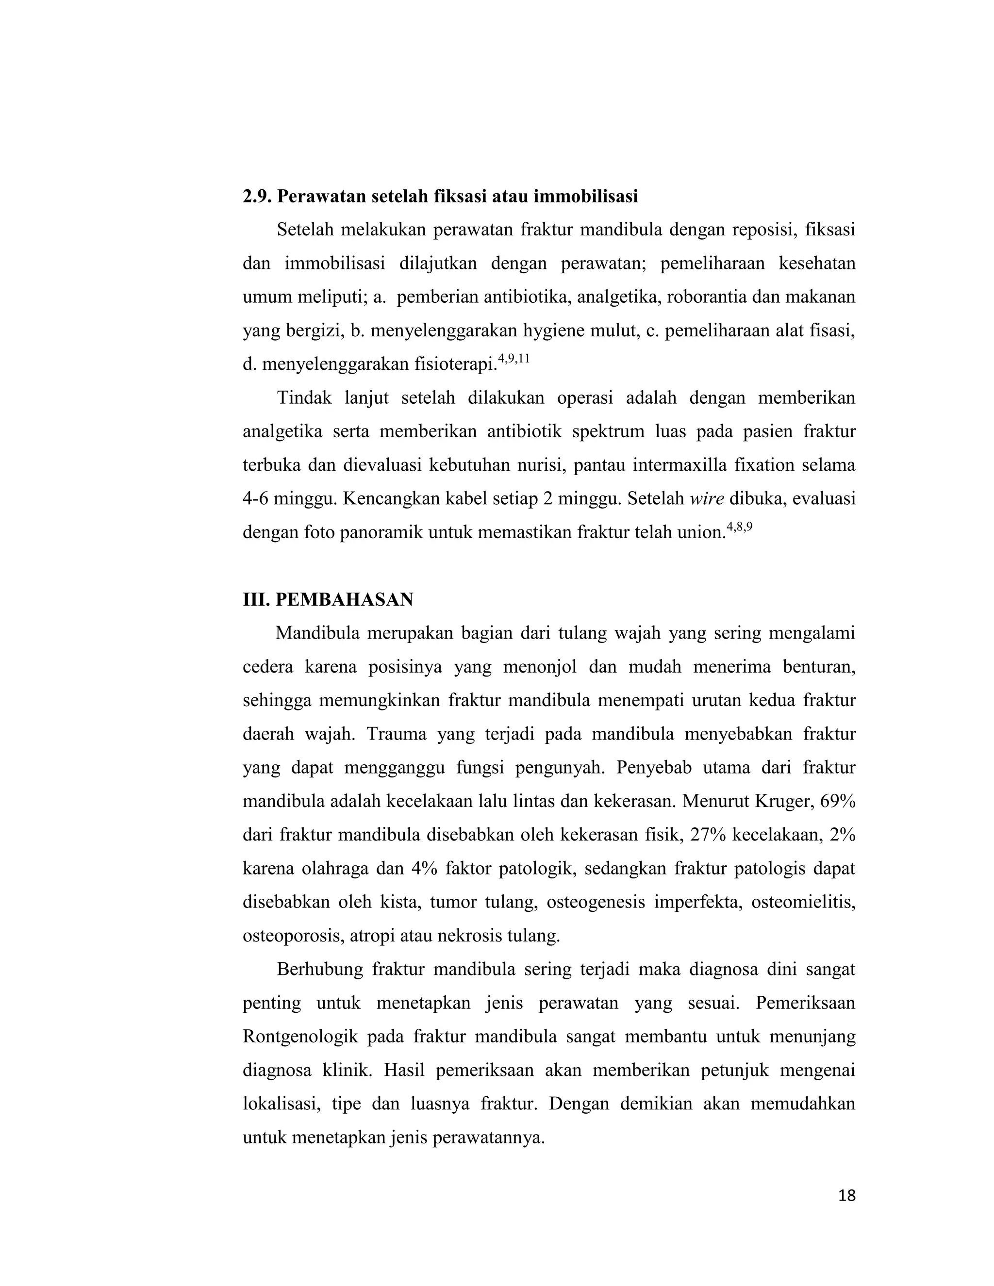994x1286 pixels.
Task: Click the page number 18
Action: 846,1196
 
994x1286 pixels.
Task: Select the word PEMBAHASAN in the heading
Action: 345,599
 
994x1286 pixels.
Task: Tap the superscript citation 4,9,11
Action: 514,359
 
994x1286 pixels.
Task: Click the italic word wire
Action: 707,499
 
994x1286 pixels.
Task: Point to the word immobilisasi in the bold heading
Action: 586,196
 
